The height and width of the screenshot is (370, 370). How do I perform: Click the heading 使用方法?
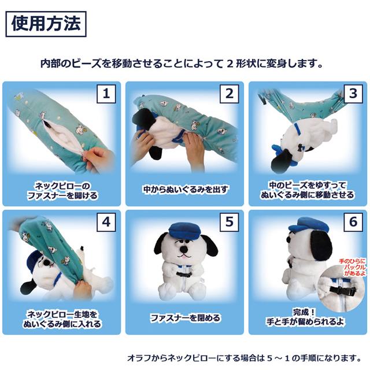coord(46,24)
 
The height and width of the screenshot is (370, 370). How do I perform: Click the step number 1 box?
coord(106,94)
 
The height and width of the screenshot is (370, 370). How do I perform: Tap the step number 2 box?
coord(229,94)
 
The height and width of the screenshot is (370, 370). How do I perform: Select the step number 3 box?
coord(351,94)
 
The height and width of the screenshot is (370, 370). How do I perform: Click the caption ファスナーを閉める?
coord(185,318)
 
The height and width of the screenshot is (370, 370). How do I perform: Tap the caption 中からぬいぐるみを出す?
coord(185,189)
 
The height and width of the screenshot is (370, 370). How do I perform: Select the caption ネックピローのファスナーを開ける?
coord(62,190)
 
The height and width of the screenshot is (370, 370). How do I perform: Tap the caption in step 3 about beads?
coord(308,190)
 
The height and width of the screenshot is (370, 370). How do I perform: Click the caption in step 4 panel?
coord(62,319)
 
